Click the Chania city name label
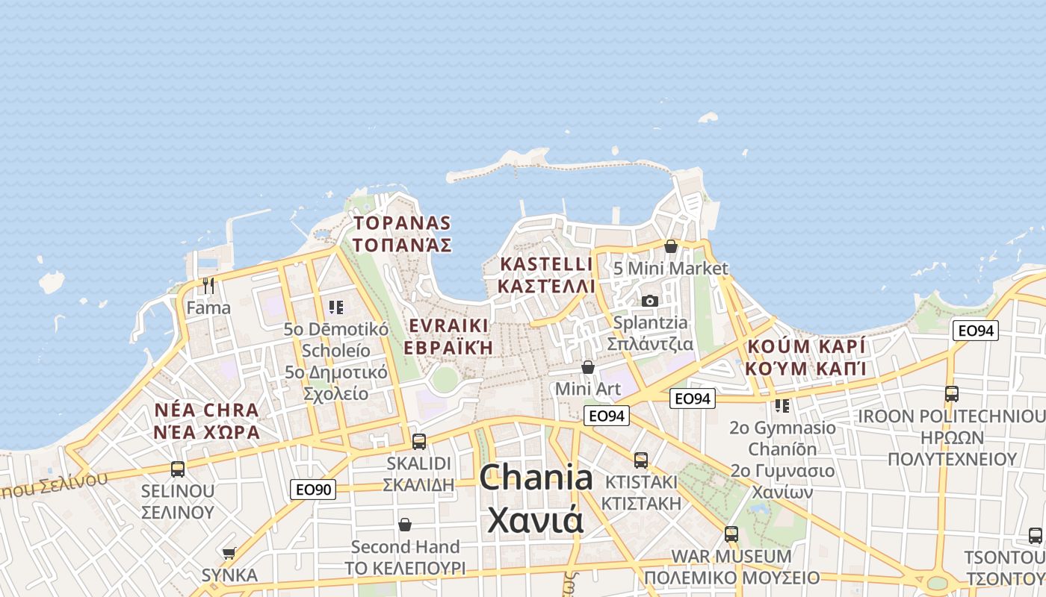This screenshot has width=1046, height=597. pyautogui.click(x=536, y=497)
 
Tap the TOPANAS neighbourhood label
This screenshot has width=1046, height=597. pyautogui.click(x=402, y=234)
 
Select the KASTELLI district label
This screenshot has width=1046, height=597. pyautogui.click(x=546, y=275)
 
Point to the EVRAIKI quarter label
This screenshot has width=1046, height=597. pyautogui.click(x=448, y=337)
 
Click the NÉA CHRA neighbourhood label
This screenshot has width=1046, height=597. pyautogui.click(x=206, y=421)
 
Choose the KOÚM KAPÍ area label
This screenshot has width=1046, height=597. pyautogui.click(x=805, y=357)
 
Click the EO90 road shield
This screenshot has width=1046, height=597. pyautogui.click(x=313, y=490)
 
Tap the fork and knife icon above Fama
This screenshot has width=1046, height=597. pyautogui.click(x=208, y=285)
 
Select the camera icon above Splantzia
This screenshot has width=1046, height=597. pyautogui.click(x=650, y=301)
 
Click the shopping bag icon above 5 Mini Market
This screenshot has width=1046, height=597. pyautogui.click(x=671, y=246)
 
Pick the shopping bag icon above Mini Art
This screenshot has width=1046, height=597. pyautogui.click(x=588, y=367)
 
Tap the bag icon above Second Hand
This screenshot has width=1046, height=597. pyautogui.click(x=405, y=525)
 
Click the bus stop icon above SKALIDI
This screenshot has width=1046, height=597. pyautogui.click(x=419, y=441)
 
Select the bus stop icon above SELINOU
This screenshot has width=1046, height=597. pyautogui.click(x=178, y=469)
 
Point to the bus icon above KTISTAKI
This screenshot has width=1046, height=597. pyautogui.click(x=641, y=460)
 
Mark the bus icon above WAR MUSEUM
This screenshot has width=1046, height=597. pyautogui.click(x=731, y=534)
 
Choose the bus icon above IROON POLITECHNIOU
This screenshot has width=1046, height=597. pyautogui.click(x=952, y=393)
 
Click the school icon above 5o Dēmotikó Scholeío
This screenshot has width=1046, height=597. pyautogui.click(x=335, y=307)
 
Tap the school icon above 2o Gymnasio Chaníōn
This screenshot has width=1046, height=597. pyautogui.click(x=782, y=405)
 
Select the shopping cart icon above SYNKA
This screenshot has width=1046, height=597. pyautogui.click(x=229, y=553)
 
